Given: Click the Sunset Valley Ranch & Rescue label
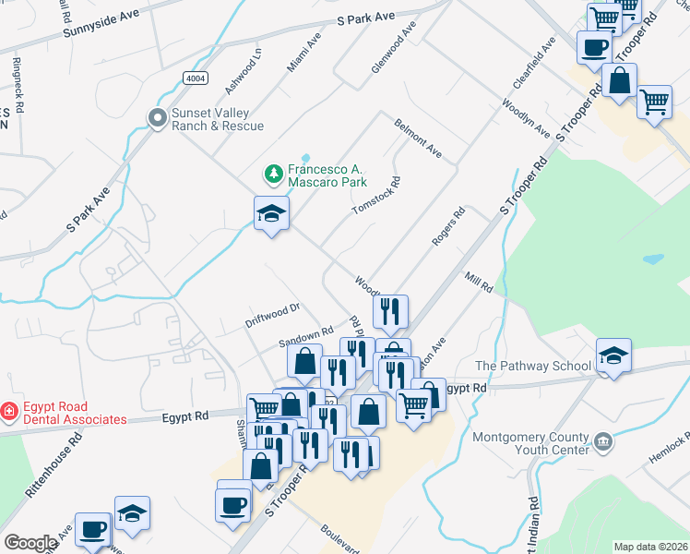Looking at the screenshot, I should point(218,119).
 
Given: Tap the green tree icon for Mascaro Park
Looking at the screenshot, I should point(273,173).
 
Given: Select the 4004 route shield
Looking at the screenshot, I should point(195,78).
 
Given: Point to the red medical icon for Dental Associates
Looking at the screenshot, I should point(7,411).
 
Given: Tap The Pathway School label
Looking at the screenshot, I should point(533,366).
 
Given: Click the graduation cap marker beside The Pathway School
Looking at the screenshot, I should point(613,356).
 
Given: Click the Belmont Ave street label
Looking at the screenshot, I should point(418,137).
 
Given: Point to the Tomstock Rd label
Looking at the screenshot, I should point(376,196).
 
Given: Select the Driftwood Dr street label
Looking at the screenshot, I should point(273,315).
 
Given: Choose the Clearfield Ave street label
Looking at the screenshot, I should point(534,63).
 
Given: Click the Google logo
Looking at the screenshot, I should point(30,543).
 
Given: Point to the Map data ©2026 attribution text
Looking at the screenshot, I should point(649,547).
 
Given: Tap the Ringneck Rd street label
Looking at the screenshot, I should point(18,80).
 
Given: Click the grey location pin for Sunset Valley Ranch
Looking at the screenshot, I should point(156,117).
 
